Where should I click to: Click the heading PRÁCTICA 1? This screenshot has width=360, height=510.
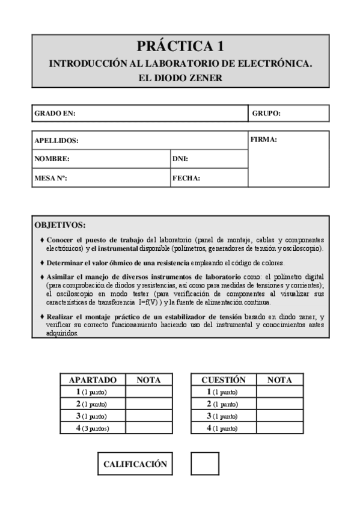tap(180, 46)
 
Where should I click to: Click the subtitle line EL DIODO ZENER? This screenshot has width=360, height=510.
tap(180, 77)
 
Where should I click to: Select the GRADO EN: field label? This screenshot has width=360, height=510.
tap(55, 113)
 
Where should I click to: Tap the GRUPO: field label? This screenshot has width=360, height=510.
tap(266, 113)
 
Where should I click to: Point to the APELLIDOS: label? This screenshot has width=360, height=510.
tap(57, 141)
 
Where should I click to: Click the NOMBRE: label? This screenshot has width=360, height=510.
tap(52, 159)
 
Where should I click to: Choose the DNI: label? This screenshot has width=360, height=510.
tap(181, 159)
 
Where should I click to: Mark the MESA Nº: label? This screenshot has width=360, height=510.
tap(50, 178)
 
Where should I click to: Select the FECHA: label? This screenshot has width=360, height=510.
tap(186, 178)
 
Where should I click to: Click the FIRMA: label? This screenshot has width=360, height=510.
tap(263, 140)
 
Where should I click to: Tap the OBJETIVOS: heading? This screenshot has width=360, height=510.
tap(60, 226)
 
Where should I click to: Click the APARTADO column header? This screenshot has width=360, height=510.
tap(93, 380)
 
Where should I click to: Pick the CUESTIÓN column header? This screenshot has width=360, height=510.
tap(224, 380)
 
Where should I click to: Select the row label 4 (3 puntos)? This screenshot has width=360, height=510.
tap(93, 428)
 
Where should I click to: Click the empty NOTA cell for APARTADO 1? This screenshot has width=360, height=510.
tap(148, 392)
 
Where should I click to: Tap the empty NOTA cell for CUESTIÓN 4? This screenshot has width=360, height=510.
tap(279, 428)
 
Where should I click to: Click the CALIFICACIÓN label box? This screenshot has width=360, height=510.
tap(135, 465)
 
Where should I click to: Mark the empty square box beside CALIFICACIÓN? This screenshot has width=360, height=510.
tap(205, 465)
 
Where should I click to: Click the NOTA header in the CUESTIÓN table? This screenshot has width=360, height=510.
tap(279, 380)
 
